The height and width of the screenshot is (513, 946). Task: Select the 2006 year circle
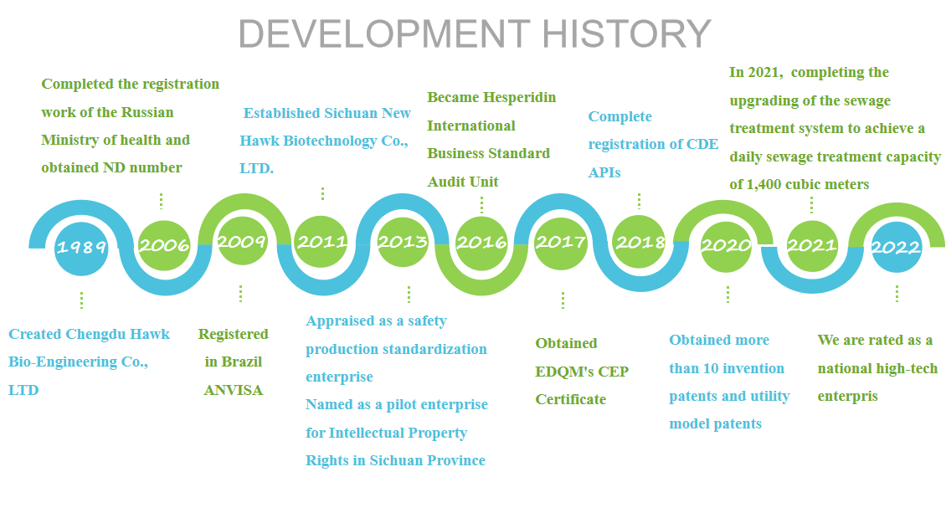pos(164,244)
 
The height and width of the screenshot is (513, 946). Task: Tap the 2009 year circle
pos(242,241)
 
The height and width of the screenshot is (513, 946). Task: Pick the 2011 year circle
pos(321,242)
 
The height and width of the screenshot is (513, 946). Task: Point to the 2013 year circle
pos(403,242)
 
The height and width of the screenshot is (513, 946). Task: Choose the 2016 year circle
pos(481,243)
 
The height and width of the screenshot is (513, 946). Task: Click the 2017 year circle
pos(561,243)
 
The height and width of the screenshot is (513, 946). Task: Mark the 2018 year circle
pos(639,242)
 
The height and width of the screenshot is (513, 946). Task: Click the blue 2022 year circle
pos(896,247)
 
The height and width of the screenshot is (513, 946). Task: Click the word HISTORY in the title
pos(626,33)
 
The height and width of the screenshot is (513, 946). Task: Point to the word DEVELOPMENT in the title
pos(384,33)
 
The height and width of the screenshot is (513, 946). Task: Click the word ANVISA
pos(234,390)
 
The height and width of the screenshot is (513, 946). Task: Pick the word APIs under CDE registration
pos(604,172)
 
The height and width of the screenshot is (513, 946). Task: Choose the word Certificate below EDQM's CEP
pos(571,399)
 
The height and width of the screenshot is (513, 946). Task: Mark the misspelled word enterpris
pos(848,397)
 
